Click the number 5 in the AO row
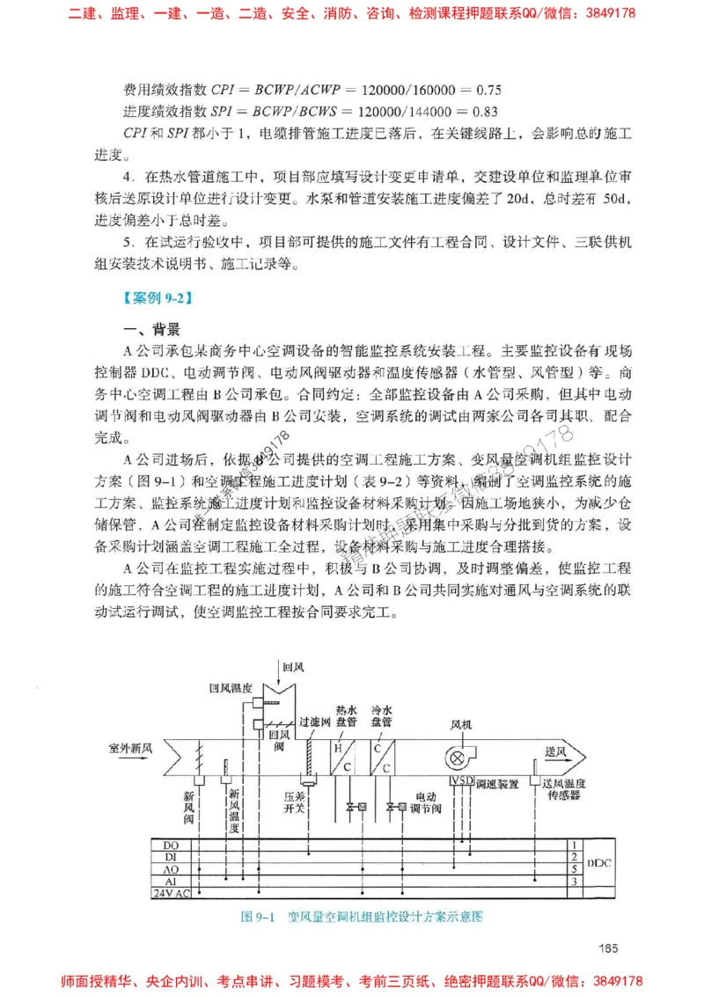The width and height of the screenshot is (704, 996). pos(574,868)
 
